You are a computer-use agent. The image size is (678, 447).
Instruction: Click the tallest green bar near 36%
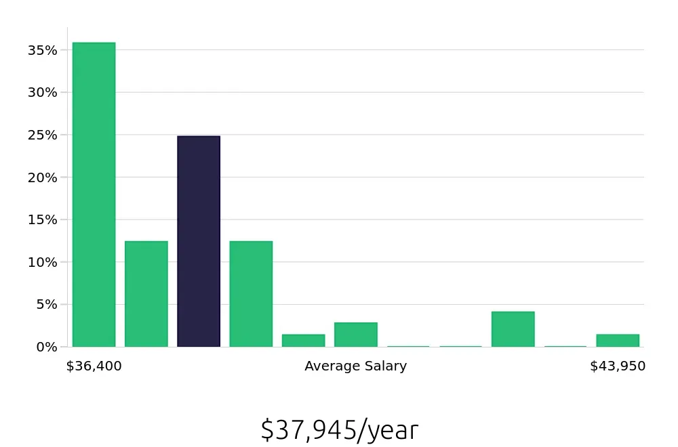(x=94, y=194)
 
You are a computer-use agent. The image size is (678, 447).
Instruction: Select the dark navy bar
(x=199, y=241)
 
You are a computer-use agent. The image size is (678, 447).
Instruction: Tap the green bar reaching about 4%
(x=513, y=329)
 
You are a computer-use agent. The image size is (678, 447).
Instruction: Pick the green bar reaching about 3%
(x=355, y=335)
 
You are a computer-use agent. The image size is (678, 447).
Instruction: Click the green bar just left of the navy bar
(x=146, y=294)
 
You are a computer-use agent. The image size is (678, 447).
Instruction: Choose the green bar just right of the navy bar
(x=251, y=294)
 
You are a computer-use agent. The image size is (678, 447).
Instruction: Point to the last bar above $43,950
(x=618, y=340)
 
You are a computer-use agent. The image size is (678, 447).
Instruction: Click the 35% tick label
(x=42, y=50)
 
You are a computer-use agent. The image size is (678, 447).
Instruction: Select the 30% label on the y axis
(x=42, y=92)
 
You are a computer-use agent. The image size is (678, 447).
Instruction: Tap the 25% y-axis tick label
(x=42, y=135)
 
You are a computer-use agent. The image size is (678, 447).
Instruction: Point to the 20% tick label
(x=42, y=177)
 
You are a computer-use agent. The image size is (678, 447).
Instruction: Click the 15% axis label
(x=42, y=219)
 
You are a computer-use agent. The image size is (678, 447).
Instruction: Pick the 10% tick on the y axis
(x=42, y=262)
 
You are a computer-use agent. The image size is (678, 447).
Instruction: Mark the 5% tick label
(x=45, y=304)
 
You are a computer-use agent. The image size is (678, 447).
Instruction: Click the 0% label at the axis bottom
(x=45, y=347)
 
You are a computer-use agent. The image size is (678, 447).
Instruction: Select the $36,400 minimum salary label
(x=94, y=366)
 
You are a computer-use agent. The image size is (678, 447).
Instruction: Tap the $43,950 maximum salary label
(x=618, y=366)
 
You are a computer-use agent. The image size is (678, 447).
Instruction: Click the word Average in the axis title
(x=330, y=366)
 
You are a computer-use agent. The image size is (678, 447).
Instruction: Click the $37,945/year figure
(x=339, y=430)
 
